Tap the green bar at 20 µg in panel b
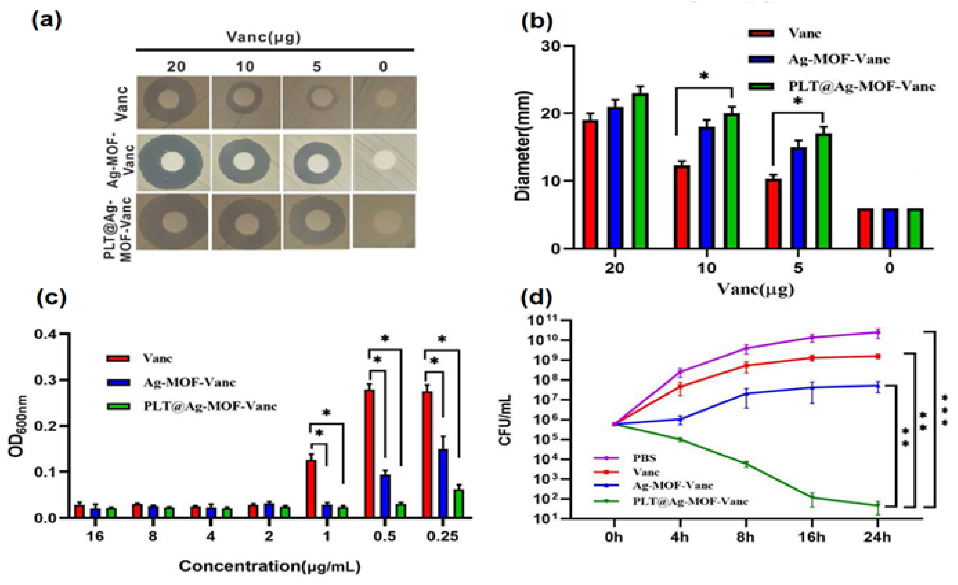point(640,171)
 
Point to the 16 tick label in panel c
point(95,537)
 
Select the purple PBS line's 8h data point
point(746,348)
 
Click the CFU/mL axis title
point(506,420)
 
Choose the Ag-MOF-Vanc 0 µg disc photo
point(384,162)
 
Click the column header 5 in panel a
point(317,66)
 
